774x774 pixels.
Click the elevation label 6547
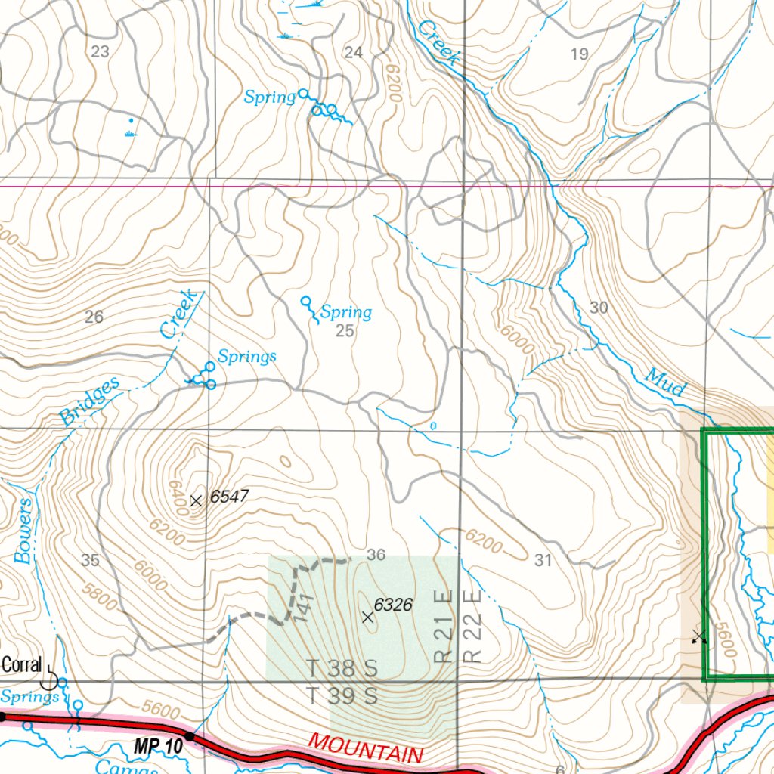tap(229, 497)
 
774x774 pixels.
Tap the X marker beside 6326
tap(368, 618)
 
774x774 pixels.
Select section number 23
tap(100, 51)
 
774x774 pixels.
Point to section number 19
tap(579, 53)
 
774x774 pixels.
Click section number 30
tap(599, 308)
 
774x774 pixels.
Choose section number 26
tap(94, 317)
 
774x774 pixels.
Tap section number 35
tap(90, 560)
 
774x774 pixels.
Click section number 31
tap(543, 560)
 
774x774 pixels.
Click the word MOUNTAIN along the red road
tap(366, 746)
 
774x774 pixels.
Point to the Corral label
tap(21, 665)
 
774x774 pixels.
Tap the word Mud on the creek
tap(664, 382)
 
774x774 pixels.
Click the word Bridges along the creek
tap(89, 401)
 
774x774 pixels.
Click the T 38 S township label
tap(342, 669)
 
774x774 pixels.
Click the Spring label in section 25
tap(346, 312)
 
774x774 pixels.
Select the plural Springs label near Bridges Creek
tap(247, 356)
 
